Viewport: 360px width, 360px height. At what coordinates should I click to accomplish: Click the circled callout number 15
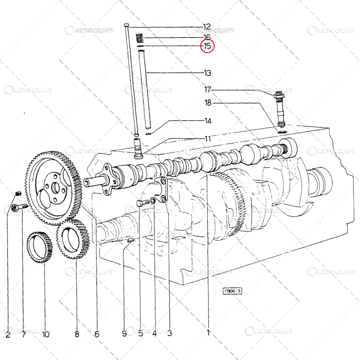pyautogui.click(x=207, y=46)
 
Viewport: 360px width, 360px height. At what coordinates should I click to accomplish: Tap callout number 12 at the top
pyautogui.click(x=207, y=27)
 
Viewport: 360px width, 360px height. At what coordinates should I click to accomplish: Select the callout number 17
pyautogui.click(x=208, y=89)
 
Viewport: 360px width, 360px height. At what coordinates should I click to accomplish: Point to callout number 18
pyautogui.click(x=208, y=103)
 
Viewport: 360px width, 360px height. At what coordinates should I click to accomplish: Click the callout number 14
pyautogui.click(x=208, y=121)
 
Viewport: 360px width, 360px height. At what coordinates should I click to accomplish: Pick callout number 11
pyautogui.click(x=208, y=139)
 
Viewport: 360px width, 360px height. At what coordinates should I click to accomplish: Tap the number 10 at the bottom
pyautogui.click(x=46, y=334)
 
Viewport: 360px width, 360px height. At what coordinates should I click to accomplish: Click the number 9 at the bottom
pyautogui.click(x=124, y=333)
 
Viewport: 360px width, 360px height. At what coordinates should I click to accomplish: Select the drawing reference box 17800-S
pyautogui.click(x=232, y=291)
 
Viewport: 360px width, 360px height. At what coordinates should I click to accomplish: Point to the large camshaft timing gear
pyautogui.click(x=53, y=188)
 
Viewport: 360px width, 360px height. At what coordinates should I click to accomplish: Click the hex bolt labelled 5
pyautogui.click(x=143, y=203)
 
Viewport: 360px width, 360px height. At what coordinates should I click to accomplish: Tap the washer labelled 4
pyautogui.click(x=153, y=200)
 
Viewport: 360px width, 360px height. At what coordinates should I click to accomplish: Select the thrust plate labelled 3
pyautogui.click(x=162, y=189)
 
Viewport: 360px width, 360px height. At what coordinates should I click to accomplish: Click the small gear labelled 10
pyautogui.click(x=40, y=247)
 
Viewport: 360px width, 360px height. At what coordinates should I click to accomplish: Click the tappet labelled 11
pyautogui.click(x=138, y=148)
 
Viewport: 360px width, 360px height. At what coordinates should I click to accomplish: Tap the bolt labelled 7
pyautogui.click(x=19, y=207)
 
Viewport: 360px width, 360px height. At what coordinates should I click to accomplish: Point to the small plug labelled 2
pyautogui.click(x=18, y=193)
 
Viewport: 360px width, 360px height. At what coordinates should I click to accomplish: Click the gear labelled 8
pyautogui.click(x=73, y=239)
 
